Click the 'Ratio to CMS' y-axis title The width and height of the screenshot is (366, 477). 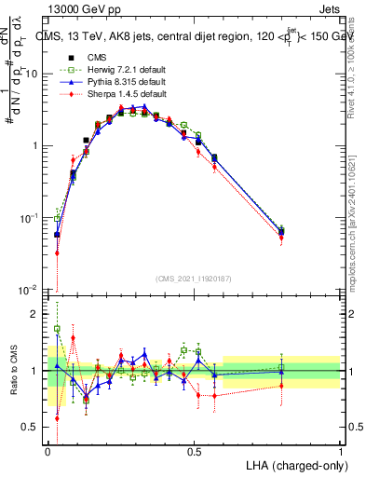14,372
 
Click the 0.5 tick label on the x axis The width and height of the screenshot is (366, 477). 194,450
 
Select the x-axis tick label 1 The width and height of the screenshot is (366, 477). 341,450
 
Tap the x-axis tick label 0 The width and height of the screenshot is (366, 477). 47,450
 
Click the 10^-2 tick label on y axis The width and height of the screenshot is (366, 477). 33,290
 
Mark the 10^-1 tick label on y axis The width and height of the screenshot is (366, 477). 33,218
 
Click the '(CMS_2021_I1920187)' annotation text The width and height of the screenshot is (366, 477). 194,278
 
